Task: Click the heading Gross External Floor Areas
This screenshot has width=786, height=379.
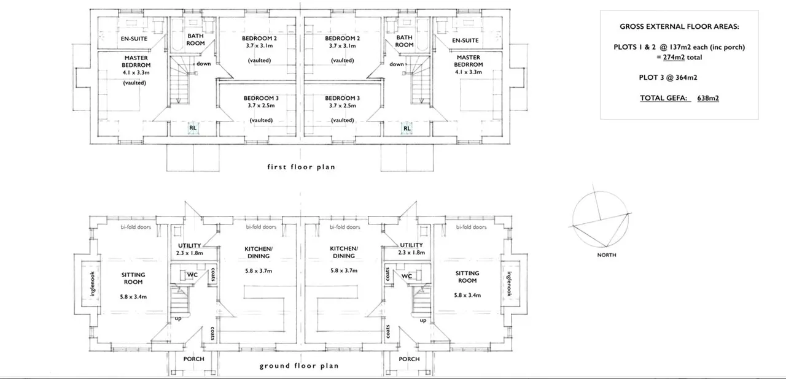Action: (x=679, y=26)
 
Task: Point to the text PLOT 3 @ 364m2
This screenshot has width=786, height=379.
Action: (x=668, y=77)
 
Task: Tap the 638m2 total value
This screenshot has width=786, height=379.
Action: (x=708, y=98)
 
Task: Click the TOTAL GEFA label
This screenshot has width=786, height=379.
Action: (x=664, y=98)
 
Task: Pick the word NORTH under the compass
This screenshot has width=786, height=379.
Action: (x=607, y=255)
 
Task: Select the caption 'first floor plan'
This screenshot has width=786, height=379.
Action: (x=301, y=167)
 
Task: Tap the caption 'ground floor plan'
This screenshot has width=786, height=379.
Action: (x=299, y=366)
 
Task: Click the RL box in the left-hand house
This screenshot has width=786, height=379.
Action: (x=193, y=128)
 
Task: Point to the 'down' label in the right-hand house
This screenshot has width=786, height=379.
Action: (x=396, y=64)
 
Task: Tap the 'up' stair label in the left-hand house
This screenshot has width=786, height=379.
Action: (x=178, y=319)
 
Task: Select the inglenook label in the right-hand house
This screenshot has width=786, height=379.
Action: (x=509, y=284)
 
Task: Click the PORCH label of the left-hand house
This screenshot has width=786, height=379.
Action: (x=193, y=359)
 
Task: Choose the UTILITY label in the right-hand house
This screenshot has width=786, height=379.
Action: (x=411, y=245)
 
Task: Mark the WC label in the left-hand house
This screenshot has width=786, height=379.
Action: (x=192, y=275)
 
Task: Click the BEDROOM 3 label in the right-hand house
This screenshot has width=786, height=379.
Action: (x=342, y=98)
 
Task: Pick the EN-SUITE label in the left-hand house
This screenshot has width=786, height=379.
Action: (x=134, y=39)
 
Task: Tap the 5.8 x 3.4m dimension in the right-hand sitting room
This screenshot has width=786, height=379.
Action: (x=467, y=295)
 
